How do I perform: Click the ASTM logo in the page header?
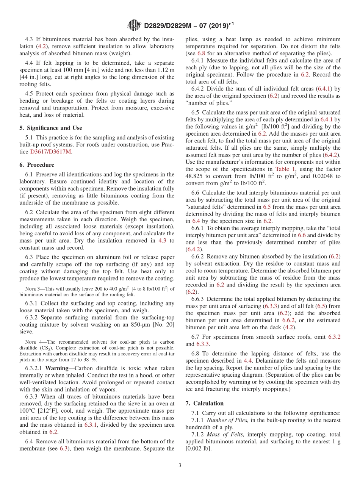(x=134, y=26)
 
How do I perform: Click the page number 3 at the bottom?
(x=180, y=465)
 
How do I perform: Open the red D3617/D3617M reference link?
(x=51, y=152)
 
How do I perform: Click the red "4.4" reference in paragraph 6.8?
(x=248, y=361)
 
